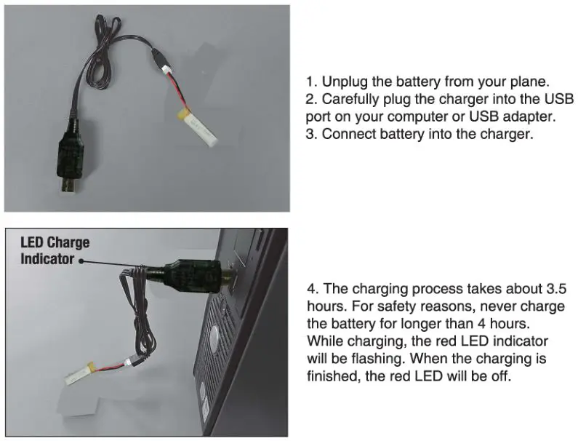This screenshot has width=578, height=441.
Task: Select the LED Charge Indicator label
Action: coord(54,250)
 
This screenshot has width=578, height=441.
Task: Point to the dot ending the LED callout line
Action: coord(81,259)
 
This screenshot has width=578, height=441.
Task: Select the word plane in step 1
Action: coord(524,81)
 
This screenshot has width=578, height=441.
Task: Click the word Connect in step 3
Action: coord(347,134)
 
